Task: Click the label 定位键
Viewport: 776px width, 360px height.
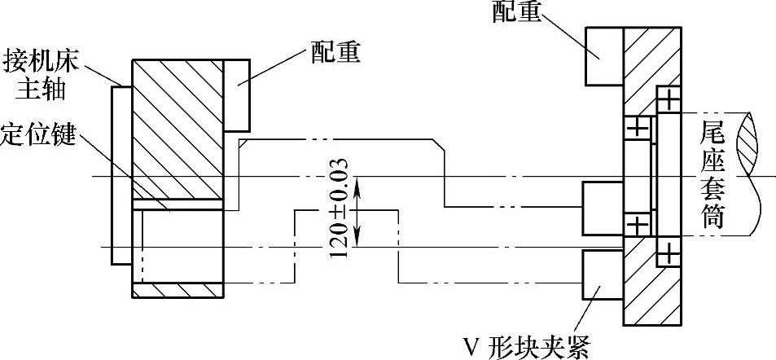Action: [x=38, y=135]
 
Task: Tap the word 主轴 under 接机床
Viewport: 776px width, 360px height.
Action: [x=46, y=88]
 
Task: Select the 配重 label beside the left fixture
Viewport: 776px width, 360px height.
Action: [x=335, y=54]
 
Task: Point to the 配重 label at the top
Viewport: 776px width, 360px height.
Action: [x=518, y=12]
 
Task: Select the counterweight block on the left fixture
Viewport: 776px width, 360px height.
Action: [x=235, y=95]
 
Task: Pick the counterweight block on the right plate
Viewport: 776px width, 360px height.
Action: [x=603, y=55]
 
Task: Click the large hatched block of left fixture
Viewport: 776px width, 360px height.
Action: [x=177, y=129]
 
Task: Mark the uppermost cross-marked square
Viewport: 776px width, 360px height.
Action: [x=668, y=101]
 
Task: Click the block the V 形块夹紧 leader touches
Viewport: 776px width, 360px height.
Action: [x=602, y=275]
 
